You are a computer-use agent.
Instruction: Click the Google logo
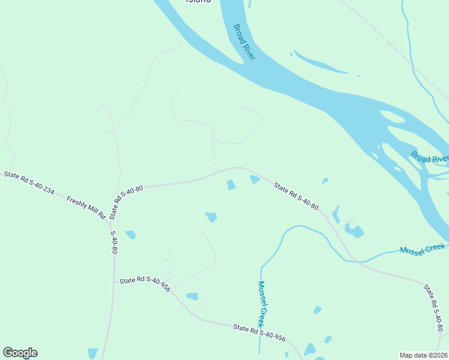coord(20,353)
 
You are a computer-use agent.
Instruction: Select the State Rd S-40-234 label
coord(29,184)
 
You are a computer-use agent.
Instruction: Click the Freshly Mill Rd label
coord(86,207)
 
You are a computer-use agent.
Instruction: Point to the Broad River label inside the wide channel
coord(244,41)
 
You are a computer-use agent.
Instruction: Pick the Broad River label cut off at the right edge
coord(429,158)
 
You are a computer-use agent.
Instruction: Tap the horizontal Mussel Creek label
coord(423,249)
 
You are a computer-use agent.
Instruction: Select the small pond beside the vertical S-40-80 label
coord(130,235)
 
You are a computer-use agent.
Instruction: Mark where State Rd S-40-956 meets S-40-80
coord(114,283)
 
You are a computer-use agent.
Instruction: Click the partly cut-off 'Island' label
coord(198,2)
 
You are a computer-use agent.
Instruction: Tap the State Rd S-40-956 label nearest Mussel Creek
coord(259,332)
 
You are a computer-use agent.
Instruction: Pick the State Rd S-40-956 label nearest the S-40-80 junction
coord(145,284)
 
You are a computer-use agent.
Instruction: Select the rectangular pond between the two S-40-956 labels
coord(192,296)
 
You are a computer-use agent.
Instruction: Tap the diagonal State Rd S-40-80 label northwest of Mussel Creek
coord(295,196)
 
